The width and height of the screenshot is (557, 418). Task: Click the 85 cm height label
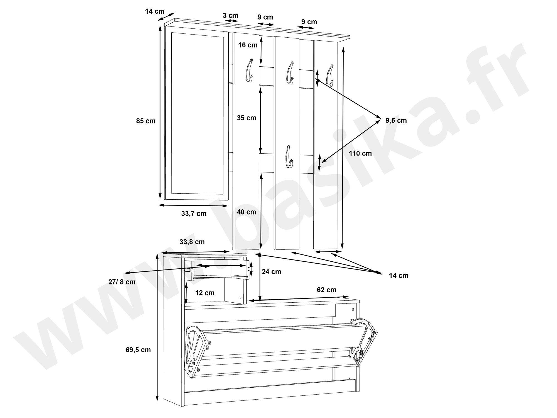146,121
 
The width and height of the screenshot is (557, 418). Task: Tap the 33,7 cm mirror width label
194,214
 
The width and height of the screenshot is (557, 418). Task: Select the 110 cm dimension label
360,153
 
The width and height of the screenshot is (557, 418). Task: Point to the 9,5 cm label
396,121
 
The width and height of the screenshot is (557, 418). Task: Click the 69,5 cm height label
138,350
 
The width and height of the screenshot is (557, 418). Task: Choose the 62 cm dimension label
326,290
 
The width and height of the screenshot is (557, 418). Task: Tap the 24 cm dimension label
272,271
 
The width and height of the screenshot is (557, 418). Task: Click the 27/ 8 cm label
122,282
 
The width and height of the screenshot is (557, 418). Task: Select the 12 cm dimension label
205,293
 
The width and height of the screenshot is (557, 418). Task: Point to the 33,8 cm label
192,242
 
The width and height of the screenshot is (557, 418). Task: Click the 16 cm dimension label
248,45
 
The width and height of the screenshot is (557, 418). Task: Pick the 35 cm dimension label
246,118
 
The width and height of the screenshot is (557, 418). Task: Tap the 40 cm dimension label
246,212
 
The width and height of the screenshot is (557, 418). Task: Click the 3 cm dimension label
231,16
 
